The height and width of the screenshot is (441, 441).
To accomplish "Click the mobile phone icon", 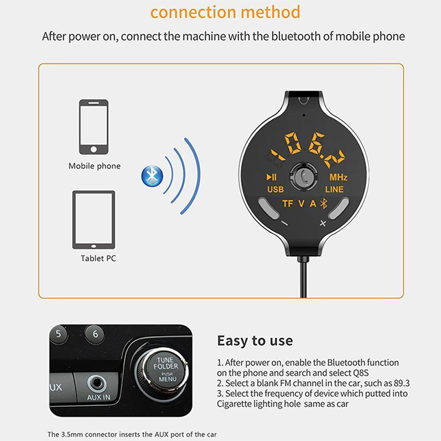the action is point(94,127).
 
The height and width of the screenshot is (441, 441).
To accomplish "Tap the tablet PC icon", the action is point(94,219).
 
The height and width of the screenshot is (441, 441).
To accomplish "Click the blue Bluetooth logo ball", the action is point(152,176).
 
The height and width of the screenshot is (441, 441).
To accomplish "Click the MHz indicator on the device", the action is point(338,177).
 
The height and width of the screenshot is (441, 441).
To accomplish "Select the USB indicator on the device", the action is point(275,190).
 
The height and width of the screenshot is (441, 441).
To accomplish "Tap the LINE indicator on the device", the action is point(335,190).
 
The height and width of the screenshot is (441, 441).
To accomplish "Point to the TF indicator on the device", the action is point(288,203).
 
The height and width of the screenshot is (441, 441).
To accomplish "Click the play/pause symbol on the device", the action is point(271,177).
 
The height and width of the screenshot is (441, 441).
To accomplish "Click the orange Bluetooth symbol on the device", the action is point(324,203).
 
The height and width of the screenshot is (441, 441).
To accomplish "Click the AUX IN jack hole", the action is point(97,383).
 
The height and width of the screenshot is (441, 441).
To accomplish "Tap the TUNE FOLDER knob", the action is point(165,369).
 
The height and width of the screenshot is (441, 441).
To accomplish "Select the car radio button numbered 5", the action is point(58,334).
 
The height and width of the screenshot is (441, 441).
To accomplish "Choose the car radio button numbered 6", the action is point(95,334).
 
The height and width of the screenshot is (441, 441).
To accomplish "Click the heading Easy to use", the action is point(255,341).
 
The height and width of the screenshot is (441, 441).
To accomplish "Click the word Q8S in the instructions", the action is point(361,373).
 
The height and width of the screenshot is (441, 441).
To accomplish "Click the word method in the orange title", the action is point(271,12).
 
